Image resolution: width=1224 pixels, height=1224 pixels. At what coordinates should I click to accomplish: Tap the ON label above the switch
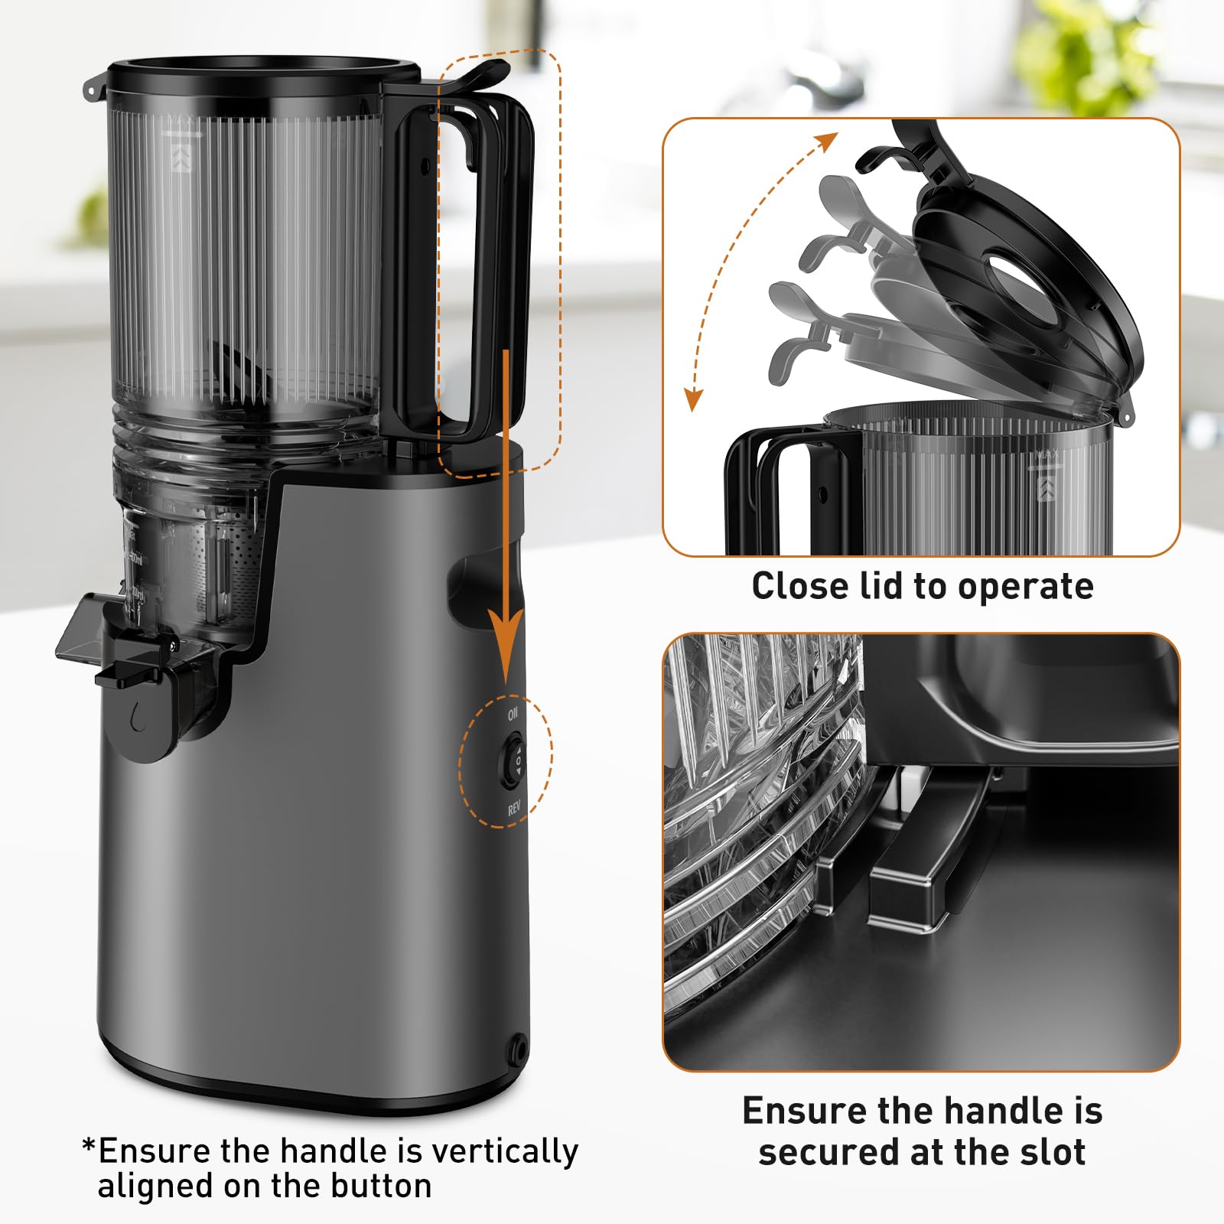coord(513,713)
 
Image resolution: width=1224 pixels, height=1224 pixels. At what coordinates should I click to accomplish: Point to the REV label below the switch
coord(514,809)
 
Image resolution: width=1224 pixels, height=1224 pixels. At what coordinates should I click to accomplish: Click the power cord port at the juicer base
coord(519,1043)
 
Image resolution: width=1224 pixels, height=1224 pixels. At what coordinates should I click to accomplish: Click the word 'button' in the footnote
coord(381,1187)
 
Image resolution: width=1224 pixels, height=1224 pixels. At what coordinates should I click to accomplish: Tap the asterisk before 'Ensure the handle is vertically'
coord(89,1147)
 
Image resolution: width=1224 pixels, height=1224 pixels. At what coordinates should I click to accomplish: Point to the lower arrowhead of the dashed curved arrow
coord(693,400)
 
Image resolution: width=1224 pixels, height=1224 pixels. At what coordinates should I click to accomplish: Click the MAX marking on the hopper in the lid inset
coord(1047,456)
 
